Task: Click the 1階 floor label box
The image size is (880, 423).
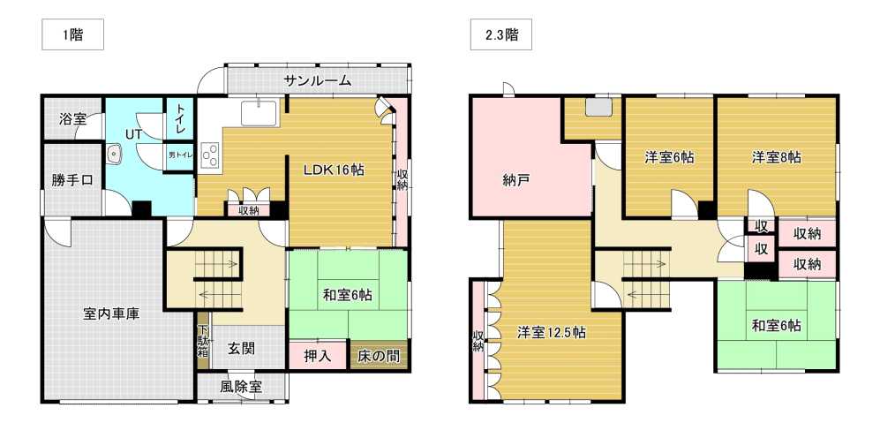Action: pyautogui.click(x=72, y=36)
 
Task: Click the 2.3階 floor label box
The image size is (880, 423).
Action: pyautogui.click(x=501, y=36)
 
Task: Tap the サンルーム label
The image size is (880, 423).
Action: pyautogui.click(x=318, y=81)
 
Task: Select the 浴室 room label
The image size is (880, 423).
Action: pyautogui.click(x=72, y=117)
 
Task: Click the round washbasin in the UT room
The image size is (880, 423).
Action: pyautogui.click(x=114, y=154)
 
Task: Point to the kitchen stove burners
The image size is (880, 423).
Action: pyautogui.click(x=211, y=154)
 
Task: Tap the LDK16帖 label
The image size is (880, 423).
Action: pyautogui.click(x=335, y=170)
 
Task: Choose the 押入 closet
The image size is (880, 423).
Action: pyautogui.click(x=318, y=355)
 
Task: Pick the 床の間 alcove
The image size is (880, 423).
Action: pyautogui.click(x=378, y=355)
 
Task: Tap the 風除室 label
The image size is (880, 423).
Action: pyautogui.click(x=241, y=387)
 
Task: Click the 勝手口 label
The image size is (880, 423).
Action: pyautogui.click(x=72, y=181)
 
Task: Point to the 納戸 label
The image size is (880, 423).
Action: pyautogui.click(x=517, y=180)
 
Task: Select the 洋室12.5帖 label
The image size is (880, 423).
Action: pyautogui.click(x=552, y=333)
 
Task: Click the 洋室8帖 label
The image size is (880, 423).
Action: pyautogui.click(x=776, y=157)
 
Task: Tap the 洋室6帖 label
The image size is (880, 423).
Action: pyautogui.click(x=668, y=157)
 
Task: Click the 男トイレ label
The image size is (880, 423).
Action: pyautogui.click(x=178, y=155)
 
